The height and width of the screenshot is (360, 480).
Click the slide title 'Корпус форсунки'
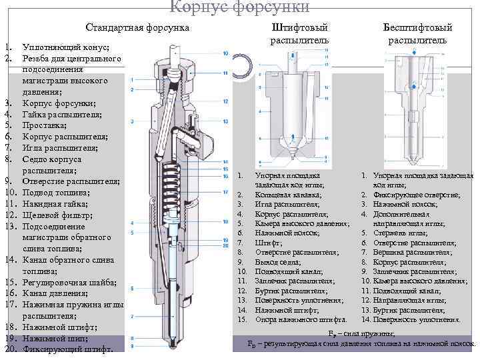pos(239,7)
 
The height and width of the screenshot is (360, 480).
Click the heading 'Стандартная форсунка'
pos(137,28)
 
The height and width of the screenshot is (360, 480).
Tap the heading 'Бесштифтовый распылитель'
pos(417,34)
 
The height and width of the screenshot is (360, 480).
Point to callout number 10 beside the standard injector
pos(226,53)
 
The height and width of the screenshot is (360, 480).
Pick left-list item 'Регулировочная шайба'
pos(69,283)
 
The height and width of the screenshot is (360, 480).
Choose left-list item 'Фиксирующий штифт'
pos(69,349)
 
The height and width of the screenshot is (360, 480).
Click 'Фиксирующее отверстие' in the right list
pos(416,195)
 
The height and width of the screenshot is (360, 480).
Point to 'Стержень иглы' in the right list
pos(400,233)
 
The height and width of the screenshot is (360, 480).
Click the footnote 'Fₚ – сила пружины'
pos(363,333)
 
